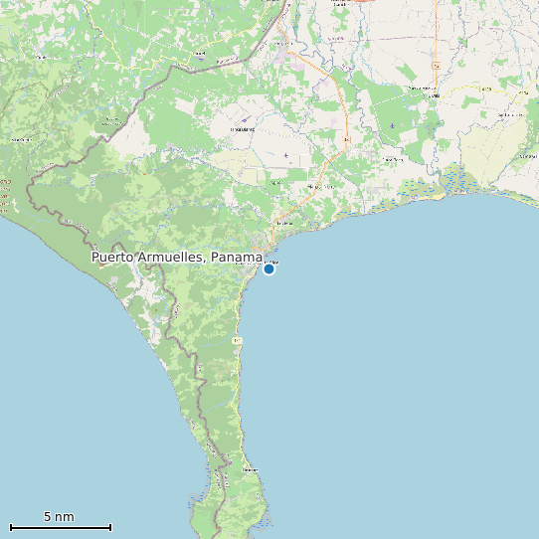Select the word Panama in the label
point(236,257)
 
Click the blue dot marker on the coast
point(269,269)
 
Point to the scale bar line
point(60,527)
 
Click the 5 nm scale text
point(59,516)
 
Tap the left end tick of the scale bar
point(10,527)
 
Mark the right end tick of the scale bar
point(110,527)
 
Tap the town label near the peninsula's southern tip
point(249,467)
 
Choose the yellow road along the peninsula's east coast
point(240,398)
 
